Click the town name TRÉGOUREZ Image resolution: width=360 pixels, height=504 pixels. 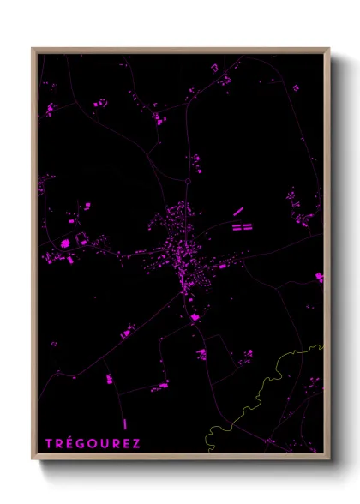(93, 443)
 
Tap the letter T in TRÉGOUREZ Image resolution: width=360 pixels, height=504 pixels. (49, 443)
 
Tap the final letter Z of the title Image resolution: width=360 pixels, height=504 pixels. (136, 443)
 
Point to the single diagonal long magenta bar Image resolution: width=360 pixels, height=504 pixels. (238, 211)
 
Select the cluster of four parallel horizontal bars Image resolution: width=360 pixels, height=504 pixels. (242, 227)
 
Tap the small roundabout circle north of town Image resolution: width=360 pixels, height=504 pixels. (186, 181)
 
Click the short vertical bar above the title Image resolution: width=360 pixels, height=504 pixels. (125, 423)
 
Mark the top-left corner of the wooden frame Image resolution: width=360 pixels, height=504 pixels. (33, 49)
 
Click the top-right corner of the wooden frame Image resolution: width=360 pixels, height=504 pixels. (329, 49)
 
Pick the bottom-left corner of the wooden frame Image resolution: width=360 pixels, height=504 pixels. (33, 459)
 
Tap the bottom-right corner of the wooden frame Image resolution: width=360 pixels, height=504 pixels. (329, 459)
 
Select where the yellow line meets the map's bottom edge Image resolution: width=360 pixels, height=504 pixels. (207, 452)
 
